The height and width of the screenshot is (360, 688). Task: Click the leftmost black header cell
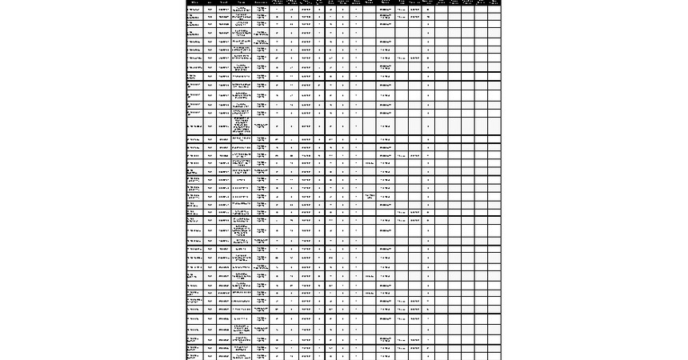click(195, 2)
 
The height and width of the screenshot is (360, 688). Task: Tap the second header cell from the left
click(210, 2)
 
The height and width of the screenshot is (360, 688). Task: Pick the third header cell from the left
click(223, 2)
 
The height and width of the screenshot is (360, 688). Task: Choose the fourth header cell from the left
click(242, 2)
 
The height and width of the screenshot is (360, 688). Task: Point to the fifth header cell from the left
click(261, 2)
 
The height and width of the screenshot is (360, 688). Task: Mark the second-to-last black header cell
click(481, 2)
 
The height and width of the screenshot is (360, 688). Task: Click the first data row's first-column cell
click(195, 9)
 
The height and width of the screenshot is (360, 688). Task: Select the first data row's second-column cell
click(210, 9)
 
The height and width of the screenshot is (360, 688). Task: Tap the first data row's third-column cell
click(223, 9)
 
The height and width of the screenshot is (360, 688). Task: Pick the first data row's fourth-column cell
click(242, 9)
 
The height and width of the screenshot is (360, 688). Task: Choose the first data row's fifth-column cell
click(261, 9)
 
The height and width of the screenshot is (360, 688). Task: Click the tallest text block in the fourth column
click(242, 126)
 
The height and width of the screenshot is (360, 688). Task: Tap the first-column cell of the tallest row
click(195, 126)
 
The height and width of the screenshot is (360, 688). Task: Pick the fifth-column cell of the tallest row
click(261, 126)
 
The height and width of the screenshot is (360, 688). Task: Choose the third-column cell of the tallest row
click(223, 126)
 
